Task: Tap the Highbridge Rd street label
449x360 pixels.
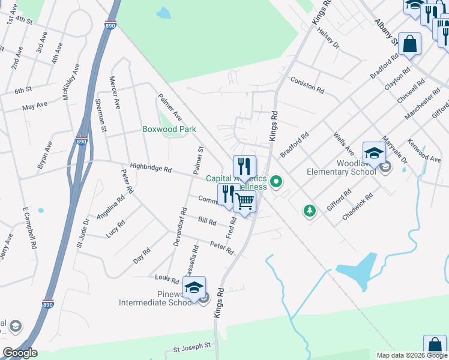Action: coord(151,169)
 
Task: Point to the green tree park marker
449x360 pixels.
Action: coord(310,210)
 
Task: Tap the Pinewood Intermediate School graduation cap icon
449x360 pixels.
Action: coord(194,288)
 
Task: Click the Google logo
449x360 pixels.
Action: coord(20,353)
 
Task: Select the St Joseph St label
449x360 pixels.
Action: coord(192,347)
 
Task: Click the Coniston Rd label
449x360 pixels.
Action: coord(307,85)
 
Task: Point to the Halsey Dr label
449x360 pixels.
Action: coord(328,40)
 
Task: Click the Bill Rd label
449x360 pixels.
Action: coord(207,221)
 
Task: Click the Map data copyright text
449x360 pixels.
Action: coord(412,355)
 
